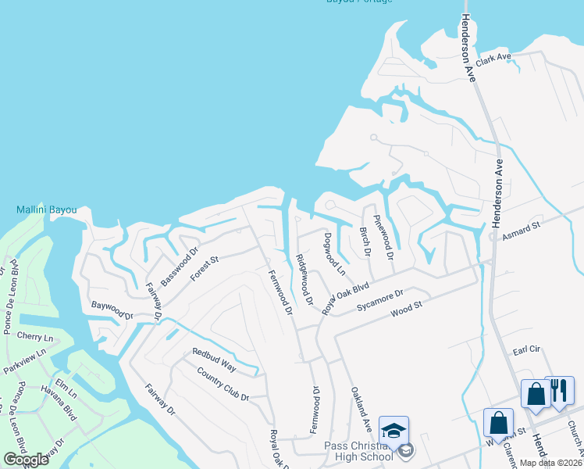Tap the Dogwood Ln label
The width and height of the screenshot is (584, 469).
coord(333,254)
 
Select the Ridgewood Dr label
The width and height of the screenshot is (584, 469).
coord(304,279)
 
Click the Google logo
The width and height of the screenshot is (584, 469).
coord(26,460)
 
